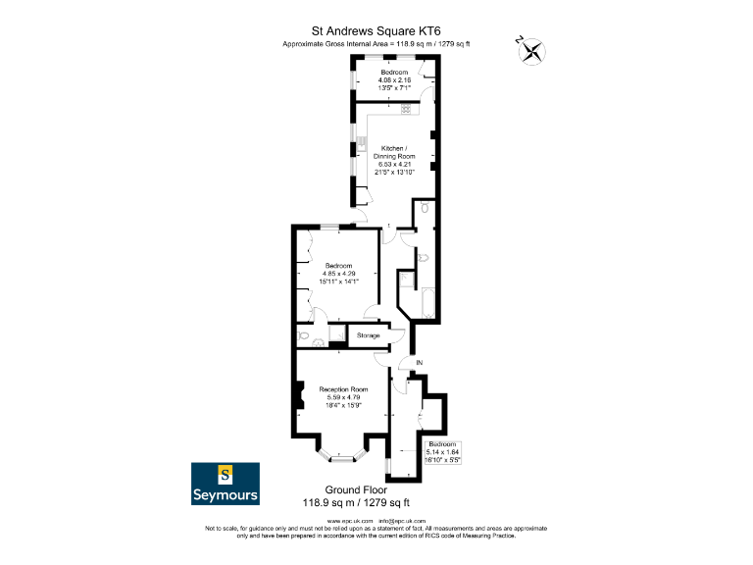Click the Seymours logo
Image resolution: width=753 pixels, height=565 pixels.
point(225,483)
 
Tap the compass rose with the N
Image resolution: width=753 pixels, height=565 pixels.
point(532,50)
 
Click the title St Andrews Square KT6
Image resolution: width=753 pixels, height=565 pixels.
point(376,30)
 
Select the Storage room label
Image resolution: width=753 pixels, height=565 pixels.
point(368,335)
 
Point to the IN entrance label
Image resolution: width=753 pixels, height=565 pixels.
point(419,364)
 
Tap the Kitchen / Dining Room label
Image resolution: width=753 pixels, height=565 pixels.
point(391,152)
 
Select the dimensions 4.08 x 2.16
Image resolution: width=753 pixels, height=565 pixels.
point(395,79)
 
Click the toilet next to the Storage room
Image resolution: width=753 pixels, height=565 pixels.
point(306,336)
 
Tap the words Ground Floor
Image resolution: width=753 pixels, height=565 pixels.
point(355,488)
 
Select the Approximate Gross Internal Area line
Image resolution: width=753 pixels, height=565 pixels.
point(376,44)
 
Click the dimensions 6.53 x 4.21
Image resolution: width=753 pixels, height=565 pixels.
point(391,164)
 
